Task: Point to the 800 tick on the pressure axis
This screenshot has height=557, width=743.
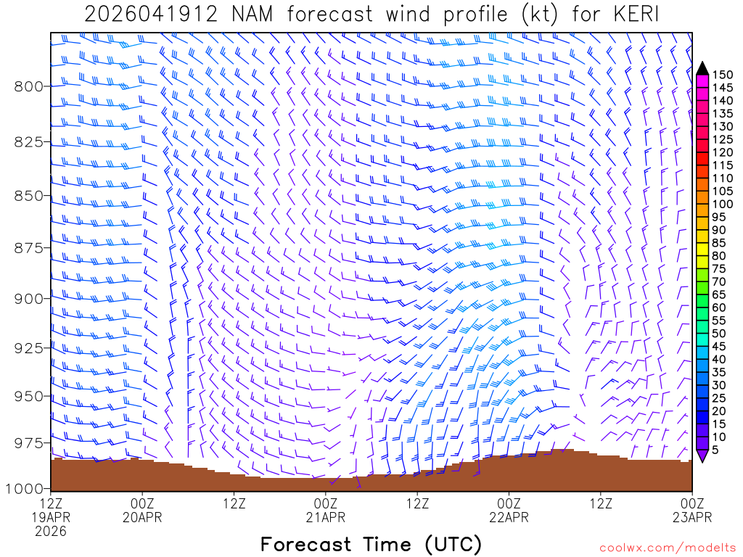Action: (x=29, y=86)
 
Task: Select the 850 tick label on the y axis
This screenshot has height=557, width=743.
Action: (x=29, y=196)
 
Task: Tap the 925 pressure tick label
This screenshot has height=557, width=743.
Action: (x=29, y=347)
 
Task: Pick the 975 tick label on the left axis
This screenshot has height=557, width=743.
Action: (x=29, y=442)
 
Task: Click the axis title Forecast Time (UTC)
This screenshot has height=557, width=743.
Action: (x=371, y=544)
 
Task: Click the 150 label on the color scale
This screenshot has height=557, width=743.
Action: (x=722, y=75)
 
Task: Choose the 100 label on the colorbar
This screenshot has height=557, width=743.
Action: (x=722, y=205)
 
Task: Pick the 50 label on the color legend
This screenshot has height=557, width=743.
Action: (x=719, y=334)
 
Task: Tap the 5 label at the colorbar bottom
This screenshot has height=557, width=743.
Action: (x=716, y=450)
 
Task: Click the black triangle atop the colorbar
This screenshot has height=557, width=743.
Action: (x=702, y=69)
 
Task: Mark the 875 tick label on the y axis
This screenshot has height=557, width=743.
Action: (x=29, y=248)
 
